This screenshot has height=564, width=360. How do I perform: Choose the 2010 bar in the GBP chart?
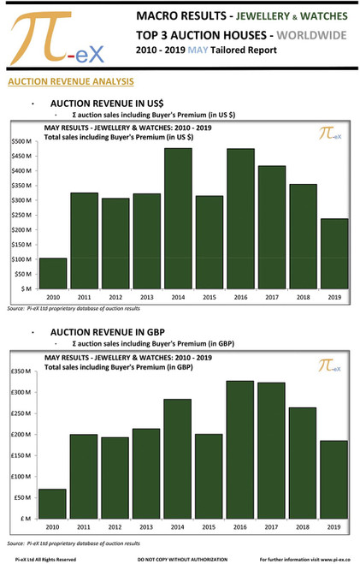pyautogui.click(x=53, y=503)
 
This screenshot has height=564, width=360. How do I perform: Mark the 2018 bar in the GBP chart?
pyautogui.click(x=302, y=462)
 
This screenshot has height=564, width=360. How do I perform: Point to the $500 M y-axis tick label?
pyautogui.click(x=21, y=141)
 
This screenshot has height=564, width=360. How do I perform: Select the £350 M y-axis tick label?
pyautogui.click(x=21, y=371)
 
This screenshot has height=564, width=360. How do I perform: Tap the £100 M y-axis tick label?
pyautogui.click(x=21, y=477)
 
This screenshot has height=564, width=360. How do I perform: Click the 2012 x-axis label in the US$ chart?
pyautogui.click(x=115, y=297)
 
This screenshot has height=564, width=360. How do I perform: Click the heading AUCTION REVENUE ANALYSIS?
pyautogui.click(x=69, y=82)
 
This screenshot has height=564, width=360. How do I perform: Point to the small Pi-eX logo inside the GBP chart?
pyautogui.click(x=330, y=365)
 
